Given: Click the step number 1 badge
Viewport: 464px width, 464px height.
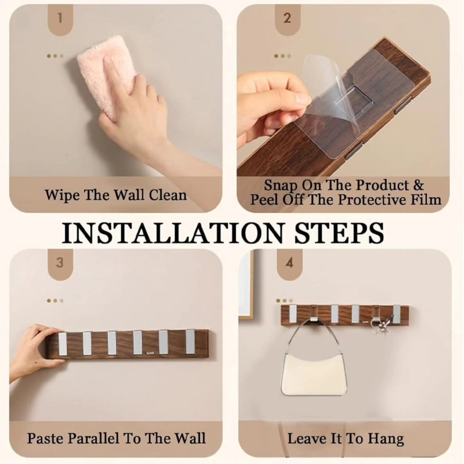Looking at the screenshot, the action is pos(60,19).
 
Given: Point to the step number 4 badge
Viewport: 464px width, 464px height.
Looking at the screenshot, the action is pos(290,263).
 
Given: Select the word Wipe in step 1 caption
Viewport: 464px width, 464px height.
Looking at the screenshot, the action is pos(62,195).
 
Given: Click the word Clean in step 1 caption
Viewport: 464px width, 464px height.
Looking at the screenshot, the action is pos(168,195).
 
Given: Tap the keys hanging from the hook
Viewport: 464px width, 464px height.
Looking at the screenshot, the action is pos(385,325).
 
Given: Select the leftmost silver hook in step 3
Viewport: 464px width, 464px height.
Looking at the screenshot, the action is pos(64,344).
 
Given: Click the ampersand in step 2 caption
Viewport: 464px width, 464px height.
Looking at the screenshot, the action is pos(418,185).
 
